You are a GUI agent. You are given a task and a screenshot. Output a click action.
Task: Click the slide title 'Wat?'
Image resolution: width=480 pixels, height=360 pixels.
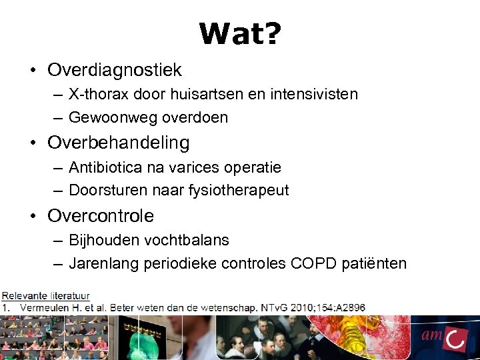coord(240,33)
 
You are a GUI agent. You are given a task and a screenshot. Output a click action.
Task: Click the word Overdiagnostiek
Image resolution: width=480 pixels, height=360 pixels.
coord(115,70)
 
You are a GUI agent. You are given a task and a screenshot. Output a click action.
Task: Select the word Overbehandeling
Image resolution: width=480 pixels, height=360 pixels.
coord(119,143)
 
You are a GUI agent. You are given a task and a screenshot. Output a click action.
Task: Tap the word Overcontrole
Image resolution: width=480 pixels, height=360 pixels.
coord(101,216)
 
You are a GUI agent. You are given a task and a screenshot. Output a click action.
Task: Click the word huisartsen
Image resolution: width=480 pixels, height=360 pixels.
coord(191,94)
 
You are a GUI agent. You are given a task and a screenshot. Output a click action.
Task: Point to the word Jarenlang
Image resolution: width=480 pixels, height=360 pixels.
coord(101,263)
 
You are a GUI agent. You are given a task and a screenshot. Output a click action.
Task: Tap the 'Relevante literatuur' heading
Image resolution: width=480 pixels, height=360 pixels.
coord(46,295)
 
